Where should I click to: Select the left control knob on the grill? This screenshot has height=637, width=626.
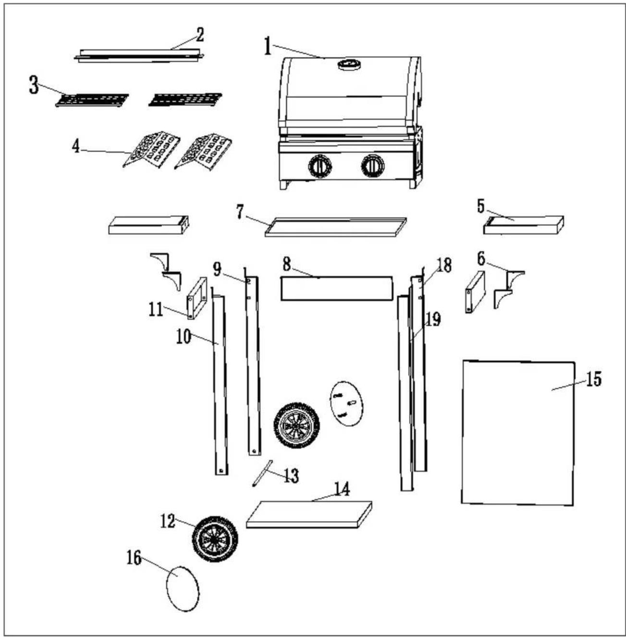coord(320,166)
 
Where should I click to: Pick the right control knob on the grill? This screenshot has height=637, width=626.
coord(373,166)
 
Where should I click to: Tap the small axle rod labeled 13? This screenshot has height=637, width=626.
coord(262,473)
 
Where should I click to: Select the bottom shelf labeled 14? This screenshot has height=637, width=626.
coord(309,515)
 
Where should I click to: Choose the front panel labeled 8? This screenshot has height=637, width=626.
coord(337,288)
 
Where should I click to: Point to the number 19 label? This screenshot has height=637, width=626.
coord(433,319)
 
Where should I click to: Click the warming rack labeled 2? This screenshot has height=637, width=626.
coord(139,55)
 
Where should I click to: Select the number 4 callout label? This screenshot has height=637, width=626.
coord(76,147)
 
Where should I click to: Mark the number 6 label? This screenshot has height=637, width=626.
coord(481,259)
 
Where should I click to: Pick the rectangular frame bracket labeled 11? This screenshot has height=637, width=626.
coord(197,298)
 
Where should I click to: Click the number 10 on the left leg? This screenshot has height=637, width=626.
coord(184,337)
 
